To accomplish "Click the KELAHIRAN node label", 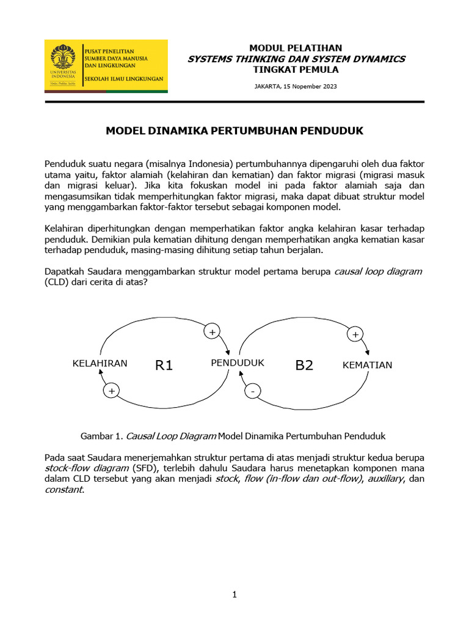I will pos(100,363).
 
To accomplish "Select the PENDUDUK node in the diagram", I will pos(238,363).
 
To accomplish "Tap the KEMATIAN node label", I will pos(367,365).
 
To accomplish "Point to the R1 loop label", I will pos(164,366).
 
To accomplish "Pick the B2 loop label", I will pos(304,366).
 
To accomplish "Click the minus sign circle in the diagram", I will pos(252,391).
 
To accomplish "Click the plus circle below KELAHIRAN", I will pos(111,390).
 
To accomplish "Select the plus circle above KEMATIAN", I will pos(355,334).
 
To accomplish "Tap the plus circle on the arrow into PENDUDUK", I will pos(212,332).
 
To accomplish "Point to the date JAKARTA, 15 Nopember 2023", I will pos(296,86).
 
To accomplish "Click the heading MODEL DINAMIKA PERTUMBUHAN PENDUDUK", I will pos(234,131).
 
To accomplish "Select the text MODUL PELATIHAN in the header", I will pos(296,48).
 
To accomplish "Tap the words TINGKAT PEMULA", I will pos(296,70).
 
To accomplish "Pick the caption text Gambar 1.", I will pos(103,436).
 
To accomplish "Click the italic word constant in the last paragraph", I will pos(64,490).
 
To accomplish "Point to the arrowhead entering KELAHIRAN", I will pos(100,375).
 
